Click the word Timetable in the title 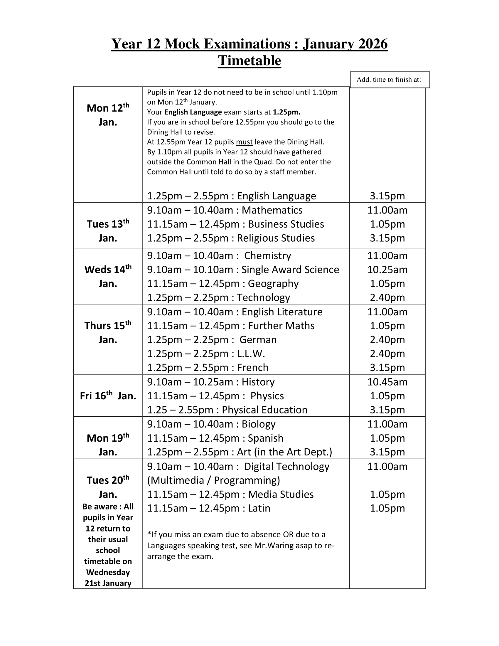[249, 61]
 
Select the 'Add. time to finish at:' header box [390, 80]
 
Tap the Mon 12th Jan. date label [108, 115]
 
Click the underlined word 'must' [244, 142]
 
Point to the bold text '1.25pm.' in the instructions [286, 112]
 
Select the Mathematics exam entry [225, 210]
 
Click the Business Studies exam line [236, 224]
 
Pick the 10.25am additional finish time [387, 270]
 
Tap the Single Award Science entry [243, 270]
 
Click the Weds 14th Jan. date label [108, 276]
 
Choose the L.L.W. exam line [206, 354]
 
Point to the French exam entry [208, 367]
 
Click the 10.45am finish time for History [387, 382]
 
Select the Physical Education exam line [227, 410]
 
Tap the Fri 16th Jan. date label [108, 396]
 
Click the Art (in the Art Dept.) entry [240, 452]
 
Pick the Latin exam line [209, 508]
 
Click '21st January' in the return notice [108, 583]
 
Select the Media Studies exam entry [230, 494]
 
